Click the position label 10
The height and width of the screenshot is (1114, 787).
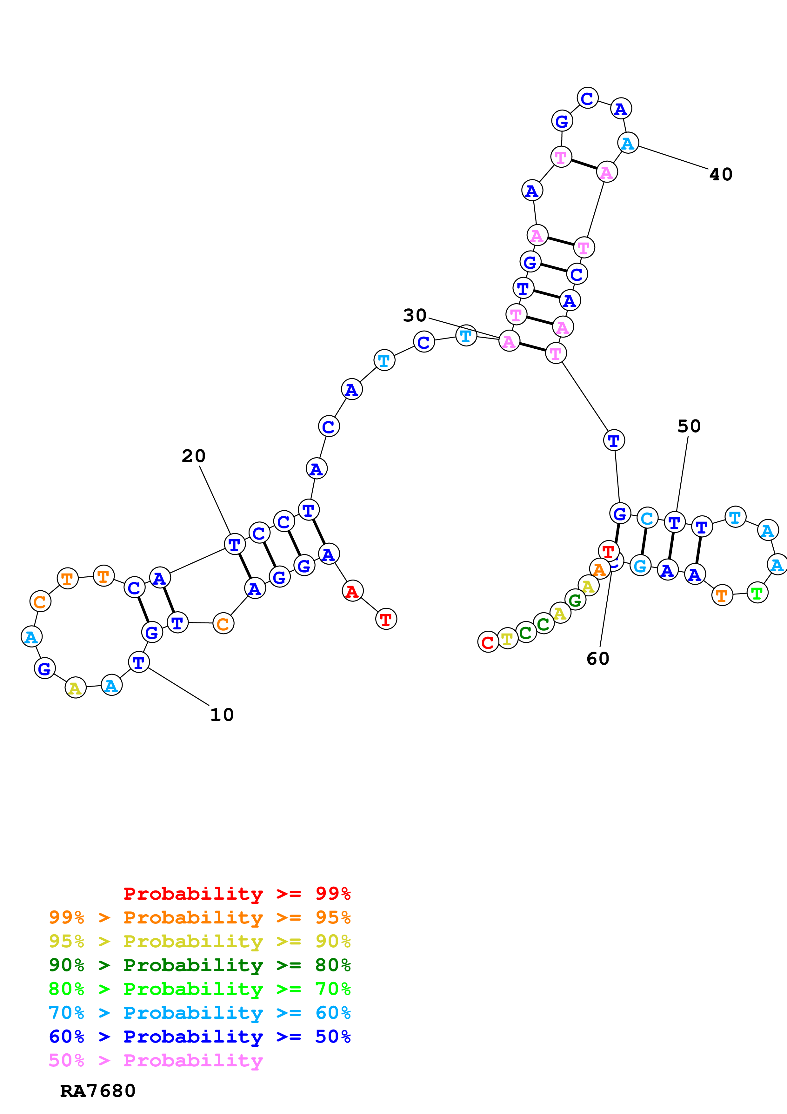(x=222, y=715)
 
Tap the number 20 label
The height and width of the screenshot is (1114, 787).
(x=193, y=456)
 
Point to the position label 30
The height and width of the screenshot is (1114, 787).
(x=415, y=315)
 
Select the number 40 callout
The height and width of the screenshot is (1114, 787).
(x=721, y=174)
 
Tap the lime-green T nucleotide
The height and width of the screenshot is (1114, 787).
(x=757, y=593)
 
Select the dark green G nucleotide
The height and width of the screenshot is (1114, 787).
(x=575, y=600)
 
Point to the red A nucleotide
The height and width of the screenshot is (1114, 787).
(x=352, y=591)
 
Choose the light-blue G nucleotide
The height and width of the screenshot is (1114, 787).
(x=640, y=566)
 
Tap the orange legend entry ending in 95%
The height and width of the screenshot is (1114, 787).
(x=199, y=917)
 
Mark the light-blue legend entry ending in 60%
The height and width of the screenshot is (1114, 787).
(x=199, y=1013)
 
